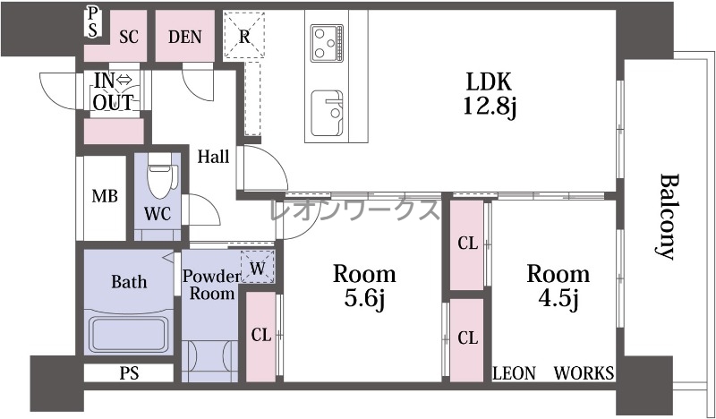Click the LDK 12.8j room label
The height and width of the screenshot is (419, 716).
pos(489,95)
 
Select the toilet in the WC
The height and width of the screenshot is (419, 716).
pos(160,175)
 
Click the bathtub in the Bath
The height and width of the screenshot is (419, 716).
pos(128,335)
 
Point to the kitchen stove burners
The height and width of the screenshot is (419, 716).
pos(327,43)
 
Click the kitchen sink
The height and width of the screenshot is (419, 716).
pos(327,114)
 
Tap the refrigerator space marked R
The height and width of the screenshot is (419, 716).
pos(244,36)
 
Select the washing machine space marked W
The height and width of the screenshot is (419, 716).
pos(258,268)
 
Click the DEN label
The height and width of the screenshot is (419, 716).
pos(185,37)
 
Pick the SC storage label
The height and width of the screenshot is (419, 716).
pos(129,37)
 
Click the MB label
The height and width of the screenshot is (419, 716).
pos(105,196)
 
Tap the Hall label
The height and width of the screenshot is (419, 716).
pos(213,158)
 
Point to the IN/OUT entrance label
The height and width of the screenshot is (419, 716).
pos(114,91)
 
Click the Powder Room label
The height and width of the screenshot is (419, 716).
pos(211,285)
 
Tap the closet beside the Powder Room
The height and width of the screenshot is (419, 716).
pos(260,337)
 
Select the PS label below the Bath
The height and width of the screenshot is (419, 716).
pos(129,373)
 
